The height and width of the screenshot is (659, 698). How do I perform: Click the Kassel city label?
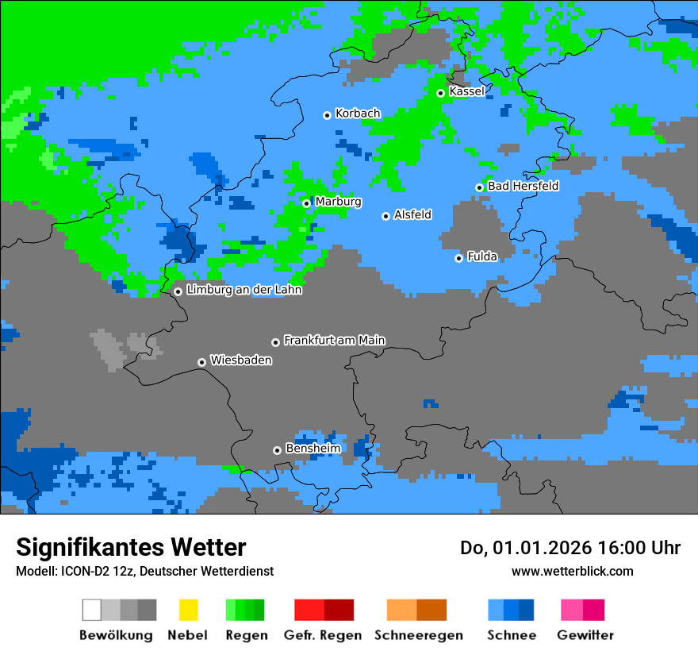[x=466, y=91]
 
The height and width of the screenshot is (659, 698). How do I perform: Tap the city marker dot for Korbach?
[x=327, y=115]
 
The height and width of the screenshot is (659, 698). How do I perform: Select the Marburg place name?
[x=338, y=202]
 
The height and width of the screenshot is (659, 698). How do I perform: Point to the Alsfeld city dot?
[x=385, y=216]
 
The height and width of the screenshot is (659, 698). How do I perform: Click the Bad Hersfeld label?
[x=523, y=186]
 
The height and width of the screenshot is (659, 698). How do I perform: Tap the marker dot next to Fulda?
[x=458, y=258]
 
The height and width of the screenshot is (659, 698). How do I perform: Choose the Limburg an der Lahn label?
[x=244, y=290]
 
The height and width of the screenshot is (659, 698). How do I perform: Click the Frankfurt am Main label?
[x=334, y=341]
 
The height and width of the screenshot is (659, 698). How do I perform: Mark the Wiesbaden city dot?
[x=201, y=362]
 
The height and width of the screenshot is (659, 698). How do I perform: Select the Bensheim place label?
[x=313, y=449]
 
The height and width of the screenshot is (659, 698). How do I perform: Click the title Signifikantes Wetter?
[x=131, y=547]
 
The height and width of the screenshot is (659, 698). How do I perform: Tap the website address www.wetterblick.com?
[x=572, y=571]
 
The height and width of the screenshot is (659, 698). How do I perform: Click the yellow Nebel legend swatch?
[x=188, y=610]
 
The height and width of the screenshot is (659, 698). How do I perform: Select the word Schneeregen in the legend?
[x=418, y=635]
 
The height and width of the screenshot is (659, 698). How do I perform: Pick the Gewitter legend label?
[x=585, y=635]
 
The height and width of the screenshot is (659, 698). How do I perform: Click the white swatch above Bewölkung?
[x=92, y=610]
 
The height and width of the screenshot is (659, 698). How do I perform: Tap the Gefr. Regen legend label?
[x=322, y=635]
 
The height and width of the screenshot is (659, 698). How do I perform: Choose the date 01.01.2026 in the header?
[x=543, y=548]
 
